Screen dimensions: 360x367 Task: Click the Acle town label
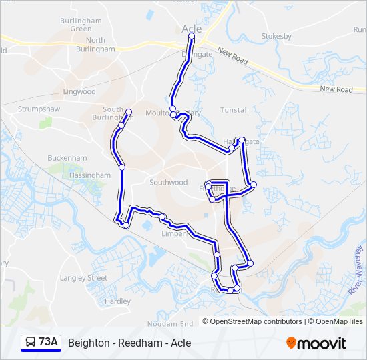click(192, 29)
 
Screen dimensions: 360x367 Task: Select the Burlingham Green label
click(81, 25)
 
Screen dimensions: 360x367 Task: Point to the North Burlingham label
click(95, 45)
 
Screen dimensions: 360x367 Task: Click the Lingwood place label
click(79, 91)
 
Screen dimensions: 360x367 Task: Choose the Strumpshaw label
click(39, 109)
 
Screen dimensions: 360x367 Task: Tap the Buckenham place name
click(67, 158)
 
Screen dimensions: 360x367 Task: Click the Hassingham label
click(89, 175)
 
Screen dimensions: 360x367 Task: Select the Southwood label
click(168, 182)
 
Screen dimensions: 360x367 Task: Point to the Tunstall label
click(234, 110)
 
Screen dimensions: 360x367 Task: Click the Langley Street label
click(83, 278)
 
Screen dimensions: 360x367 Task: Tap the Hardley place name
click(118, 301)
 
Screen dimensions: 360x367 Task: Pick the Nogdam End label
click(169, 323)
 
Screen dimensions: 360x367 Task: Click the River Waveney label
click(355, 269)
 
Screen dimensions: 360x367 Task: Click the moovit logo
click(316, 343)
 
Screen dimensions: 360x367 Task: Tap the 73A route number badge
click(49, 343)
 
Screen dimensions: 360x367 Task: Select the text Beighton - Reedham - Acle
click(129, 343)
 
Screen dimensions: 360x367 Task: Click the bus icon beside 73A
click(31, 343)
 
